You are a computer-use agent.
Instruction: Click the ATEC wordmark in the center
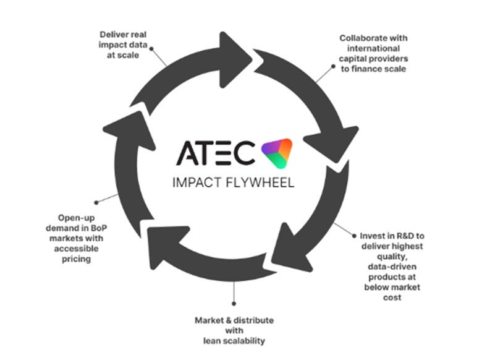point(216,153)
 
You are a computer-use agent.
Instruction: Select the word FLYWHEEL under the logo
point(260,182)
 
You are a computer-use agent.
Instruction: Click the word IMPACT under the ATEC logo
point(197,182)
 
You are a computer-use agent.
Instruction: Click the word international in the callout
point(373,48)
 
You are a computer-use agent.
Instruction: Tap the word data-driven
point(392,267)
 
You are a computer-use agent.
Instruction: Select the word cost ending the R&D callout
point(392,298)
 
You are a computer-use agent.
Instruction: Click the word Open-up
point(76,218)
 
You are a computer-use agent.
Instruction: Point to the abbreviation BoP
point(99,228)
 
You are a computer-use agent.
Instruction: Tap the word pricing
point(76,259)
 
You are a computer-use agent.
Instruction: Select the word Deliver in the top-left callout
point(112,35)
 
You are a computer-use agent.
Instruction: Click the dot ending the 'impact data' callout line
point(151,49)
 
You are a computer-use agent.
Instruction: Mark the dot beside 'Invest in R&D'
point(354,236)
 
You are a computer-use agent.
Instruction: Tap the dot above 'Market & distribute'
point(234,304)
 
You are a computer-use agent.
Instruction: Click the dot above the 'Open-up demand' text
point(96,202)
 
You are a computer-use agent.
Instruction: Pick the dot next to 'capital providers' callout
point(333,66)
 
